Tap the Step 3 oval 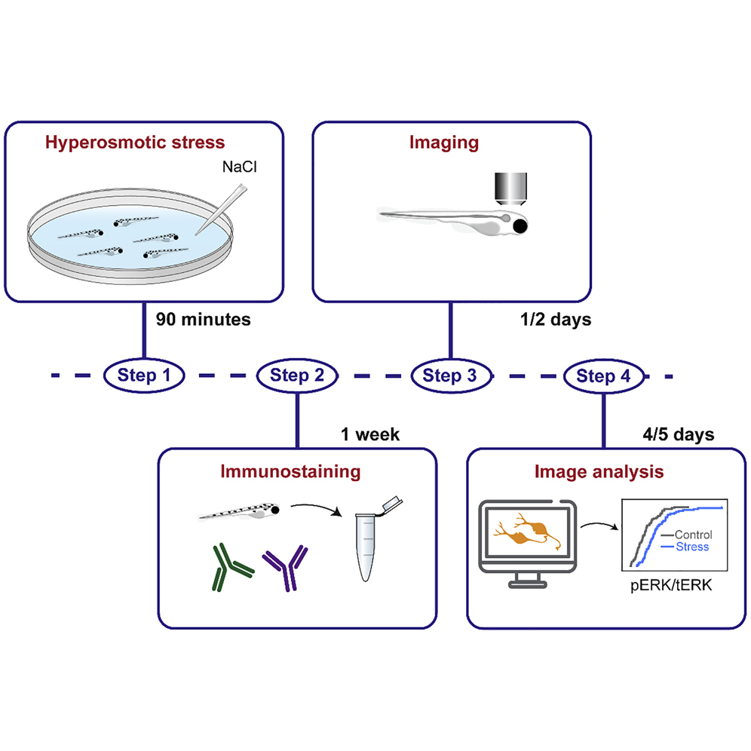coord(450,375)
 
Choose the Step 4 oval coord(603,375)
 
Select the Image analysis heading coord(599,473)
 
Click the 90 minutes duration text coord(203,320)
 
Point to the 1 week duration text coord(370,434)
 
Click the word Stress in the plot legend coord(692,545)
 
